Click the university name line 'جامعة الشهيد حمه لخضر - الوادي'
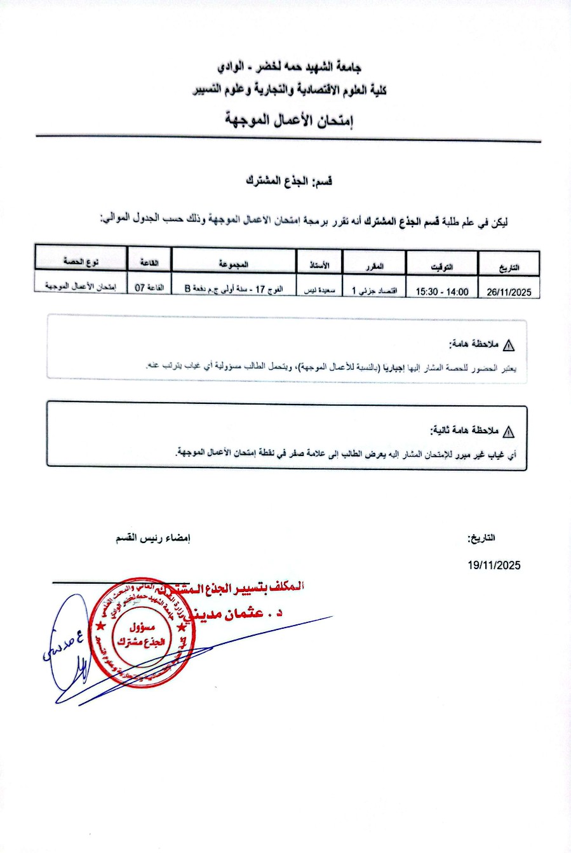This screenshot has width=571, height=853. click(x=289, y=67)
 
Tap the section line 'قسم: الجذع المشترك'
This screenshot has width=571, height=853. click(x=290, y=181)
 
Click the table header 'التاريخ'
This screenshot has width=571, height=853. click(x=509, y=267)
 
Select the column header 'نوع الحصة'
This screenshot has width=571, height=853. click(x=81, y=262)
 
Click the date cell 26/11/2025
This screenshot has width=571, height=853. click(x=509, y=292)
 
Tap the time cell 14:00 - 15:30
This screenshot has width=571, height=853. click(x=442, y=292)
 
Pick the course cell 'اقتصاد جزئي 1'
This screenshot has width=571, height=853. click(x=374, y=291)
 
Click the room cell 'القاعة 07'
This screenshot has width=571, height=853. click(x=149, y=288)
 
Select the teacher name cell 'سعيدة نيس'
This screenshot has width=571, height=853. click(x=319, y=290)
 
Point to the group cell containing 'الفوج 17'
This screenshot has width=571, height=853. click(x=234, y=289)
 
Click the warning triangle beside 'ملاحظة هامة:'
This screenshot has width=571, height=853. click(x=509, y=346)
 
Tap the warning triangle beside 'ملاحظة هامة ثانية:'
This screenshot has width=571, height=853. click(x=509, y=432)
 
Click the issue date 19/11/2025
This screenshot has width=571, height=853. click(x=494, y=565)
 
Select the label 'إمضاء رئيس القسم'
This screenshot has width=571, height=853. click(x=153, y=539)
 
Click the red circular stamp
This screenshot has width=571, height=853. click(x=138, y=633)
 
